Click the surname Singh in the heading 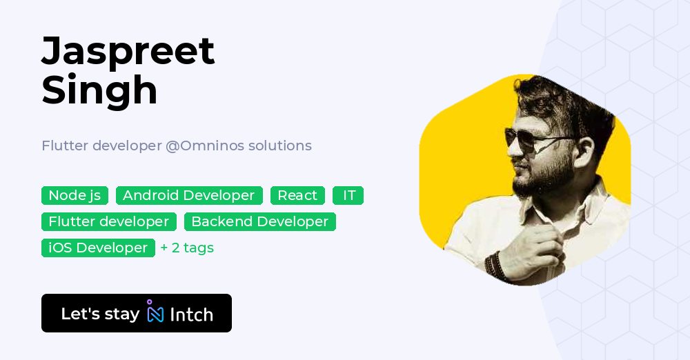pyautogui.click(x=100, y=90)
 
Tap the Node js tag pyautogui.click(x=75, y=196)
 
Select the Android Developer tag pyautogui.click(x=189, y=196)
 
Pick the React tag pyautogui.click(x=297, y=196)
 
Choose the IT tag pyautogui.click(x=348, y=196)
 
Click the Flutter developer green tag pyautogui.click(x=109, y=222)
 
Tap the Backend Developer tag pyautogui.click(x=259, y=222)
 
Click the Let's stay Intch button pyautogui.click(x=137, y=314)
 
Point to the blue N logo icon pyautogui.click(x=155, y=313)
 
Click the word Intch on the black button pyautogui.click(x=191, y=315)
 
